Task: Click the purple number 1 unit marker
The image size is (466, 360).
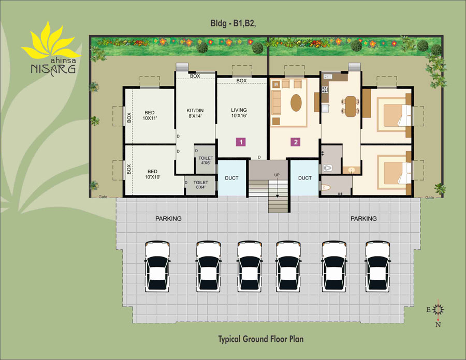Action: (241, 142)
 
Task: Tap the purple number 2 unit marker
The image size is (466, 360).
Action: (296, 142)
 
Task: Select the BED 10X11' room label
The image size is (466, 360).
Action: (150, 115)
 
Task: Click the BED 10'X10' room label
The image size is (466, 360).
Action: (152, 174)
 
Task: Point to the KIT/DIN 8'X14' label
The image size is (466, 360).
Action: (195, 113)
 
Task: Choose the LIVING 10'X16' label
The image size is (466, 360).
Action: (239, 113)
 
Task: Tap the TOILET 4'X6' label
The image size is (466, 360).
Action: (206, 160)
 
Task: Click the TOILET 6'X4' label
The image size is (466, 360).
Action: (200, 185)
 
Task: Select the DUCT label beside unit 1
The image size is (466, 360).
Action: (231, 178)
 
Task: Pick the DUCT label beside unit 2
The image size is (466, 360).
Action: (305, 178)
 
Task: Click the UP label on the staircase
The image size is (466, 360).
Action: (276, 175)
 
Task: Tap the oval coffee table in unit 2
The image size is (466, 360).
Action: (296, 103)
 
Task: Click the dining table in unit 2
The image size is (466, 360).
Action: (351, 106)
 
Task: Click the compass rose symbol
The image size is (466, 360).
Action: (438, 310)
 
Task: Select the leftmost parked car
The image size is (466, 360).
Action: (157, 266)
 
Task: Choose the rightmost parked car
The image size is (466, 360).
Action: (377, 266)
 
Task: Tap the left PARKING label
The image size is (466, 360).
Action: (168, 218)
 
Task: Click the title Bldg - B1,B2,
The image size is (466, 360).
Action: (233, 23)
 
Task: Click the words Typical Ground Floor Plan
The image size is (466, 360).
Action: (260, 339)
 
